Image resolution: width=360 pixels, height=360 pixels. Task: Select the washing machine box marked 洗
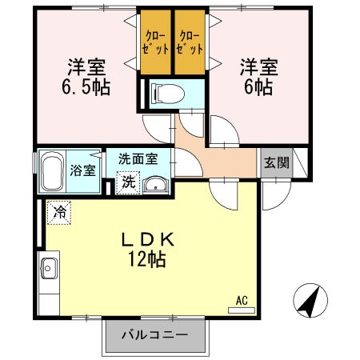click(128, 182)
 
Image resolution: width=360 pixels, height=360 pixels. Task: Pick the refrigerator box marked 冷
click(59, 212)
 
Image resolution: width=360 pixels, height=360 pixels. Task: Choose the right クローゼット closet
click(190, 41)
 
